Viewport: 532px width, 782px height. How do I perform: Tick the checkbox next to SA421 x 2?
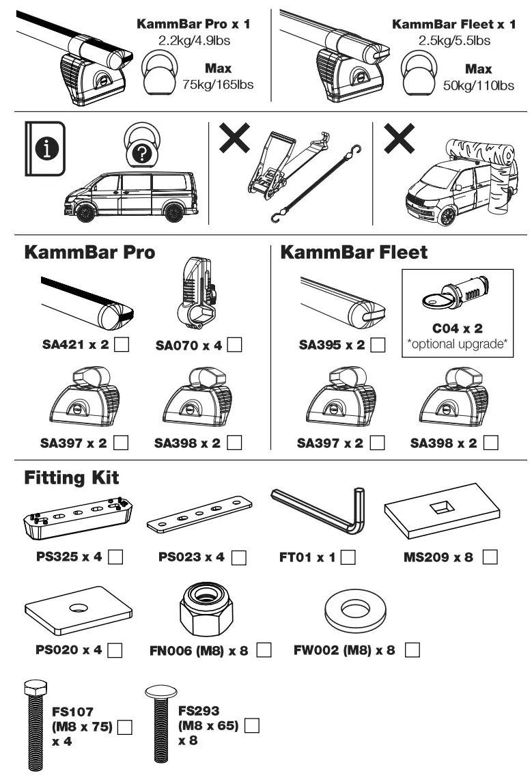pos(122,346)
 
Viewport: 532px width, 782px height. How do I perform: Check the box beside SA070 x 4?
pos(234,346)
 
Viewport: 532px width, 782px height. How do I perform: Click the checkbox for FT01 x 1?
pos(348,557)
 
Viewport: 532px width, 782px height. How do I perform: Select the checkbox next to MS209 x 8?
pos(489,557)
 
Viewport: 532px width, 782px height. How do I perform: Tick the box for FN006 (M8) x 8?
pos(264,650)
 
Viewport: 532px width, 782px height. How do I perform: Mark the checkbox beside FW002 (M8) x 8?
pos(412,650)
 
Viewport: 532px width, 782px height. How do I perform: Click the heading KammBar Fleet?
pos(354,252)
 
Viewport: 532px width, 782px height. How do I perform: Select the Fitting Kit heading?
pos(72,477)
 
